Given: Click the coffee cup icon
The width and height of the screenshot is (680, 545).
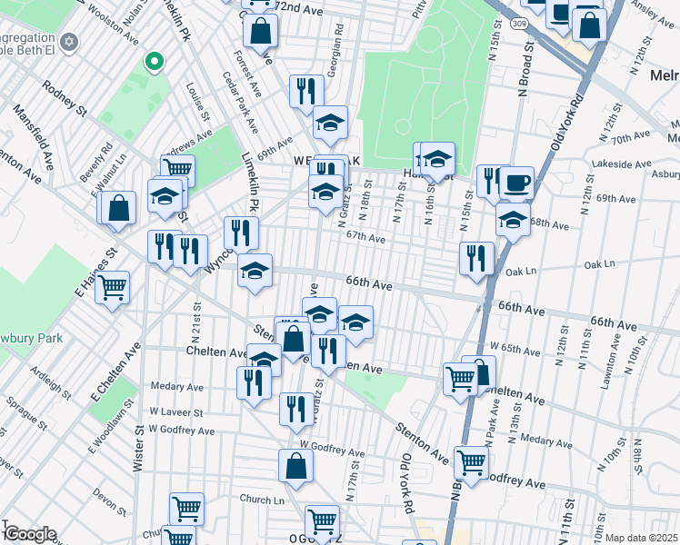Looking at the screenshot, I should click(x=516, y=183).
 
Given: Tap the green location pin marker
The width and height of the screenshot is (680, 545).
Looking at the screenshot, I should click(x=155, y=62).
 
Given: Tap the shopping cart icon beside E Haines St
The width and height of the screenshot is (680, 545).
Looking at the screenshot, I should click(x=112, y=288).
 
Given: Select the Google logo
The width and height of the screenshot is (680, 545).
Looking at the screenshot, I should click(x=29, y=534).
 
